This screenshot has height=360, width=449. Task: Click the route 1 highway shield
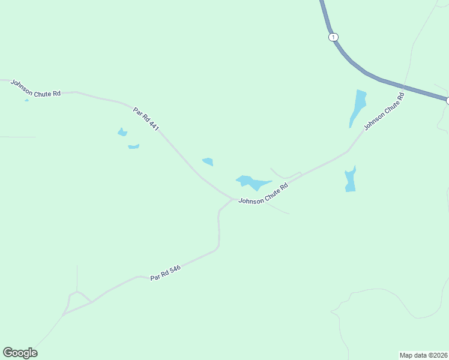click(x=333, y=37)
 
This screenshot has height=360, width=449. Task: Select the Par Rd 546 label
click(x=166, y=273)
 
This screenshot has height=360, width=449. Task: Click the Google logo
click(x=20, y=353)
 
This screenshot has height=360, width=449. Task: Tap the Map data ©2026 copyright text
click(x=424, y=355)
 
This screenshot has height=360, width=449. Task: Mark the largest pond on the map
click(x=252, y=182)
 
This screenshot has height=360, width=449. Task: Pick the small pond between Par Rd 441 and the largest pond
click(x=208, y=161)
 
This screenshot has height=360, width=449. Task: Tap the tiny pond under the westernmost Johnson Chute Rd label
click(x=26, y=100)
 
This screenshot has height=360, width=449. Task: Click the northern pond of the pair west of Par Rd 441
click(x=122, y=132)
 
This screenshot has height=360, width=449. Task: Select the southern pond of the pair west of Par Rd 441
click(x=133, y=146)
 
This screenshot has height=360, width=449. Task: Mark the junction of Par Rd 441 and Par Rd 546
click(x=232, y=199)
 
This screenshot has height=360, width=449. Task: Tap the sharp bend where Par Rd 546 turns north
click(x=217, y=246)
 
